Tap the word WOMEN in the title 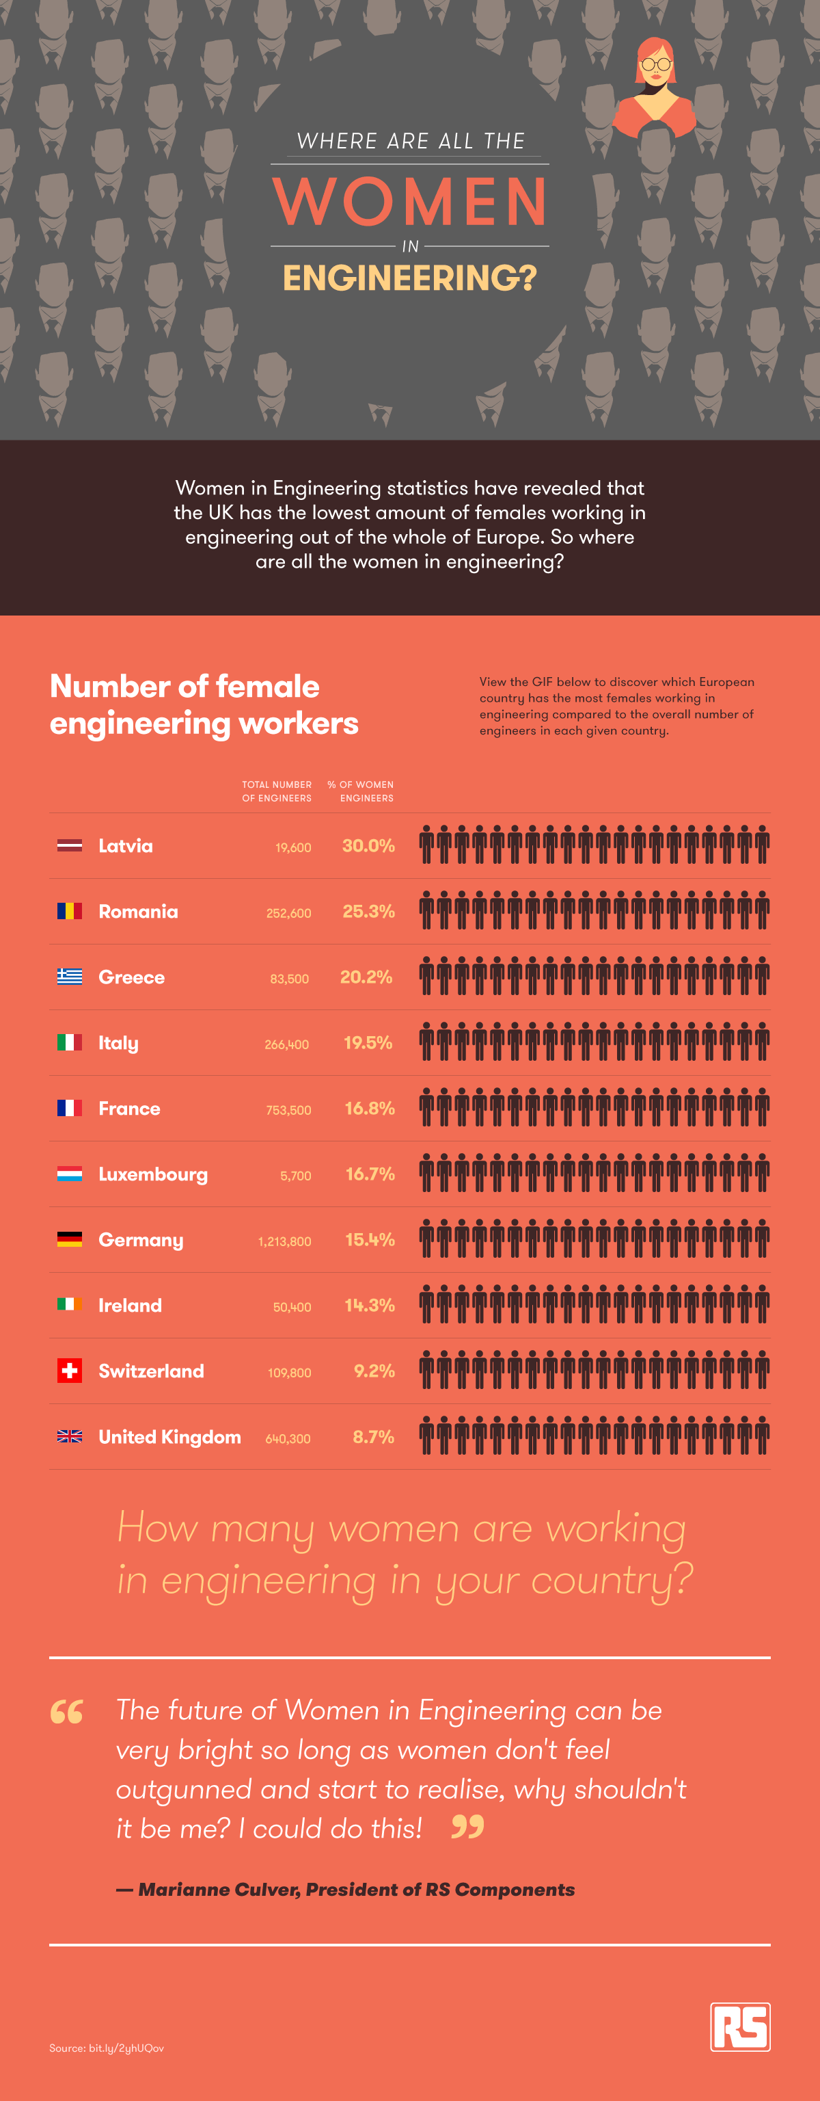[409, 202]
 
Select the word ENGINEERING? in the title [409, 278]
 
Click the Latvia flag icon [69, 846]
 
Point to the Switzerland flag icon [69, 1371]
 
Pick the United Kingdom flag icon [69, 1436]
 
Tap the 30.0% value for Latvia [368, 846]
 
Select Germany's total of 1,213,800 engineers [284, 1241]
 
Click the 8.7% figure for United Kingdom [373, 1436]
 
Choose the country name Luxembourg [153, 1174]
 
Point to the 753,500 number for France [288, 1110]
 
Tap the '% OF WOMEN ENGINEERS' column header [361, 791]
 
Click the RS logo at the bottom [739, 2026]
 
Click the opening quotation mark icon [67, 1711]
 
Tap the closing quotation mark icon [468, 1826]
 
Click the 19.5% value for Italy [368, 1042]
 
